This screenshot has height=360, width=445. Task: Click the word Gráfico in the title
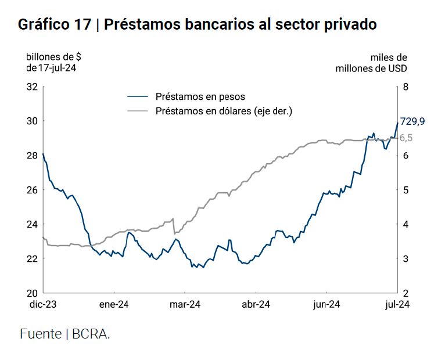(41, 25)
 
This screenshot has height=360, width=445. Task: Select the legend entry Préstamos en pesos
(200, 96)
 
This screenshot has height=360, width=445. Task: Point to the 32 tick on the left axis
(32, 87)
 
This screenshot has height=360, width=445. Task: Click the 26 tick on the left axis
(32, 190)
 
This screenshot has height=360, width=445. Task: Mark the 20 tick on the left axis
(32, 293)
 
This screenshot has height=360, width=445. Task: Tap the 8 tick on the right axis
(404, 87)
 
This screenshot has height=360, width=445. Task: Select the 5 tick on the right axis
(404, 190)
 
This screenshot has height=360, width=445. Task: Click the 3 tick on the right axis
(404, 258)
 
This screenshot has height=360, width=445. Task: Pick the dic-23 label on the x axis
(42, 305)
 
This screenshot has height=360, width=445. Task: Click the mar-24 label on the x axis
(185, 305)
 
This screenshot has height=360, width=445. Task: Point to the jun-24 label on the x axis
(326, 305)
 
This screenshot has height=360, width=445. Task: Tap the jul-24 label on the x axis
(397, 305)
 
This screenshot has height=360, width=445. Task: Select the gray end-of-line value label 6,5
(407, 138)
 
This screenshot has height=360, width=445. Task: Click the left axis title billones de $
(53, 57)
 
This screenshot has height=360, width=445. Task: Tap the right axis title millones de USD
(371, 68)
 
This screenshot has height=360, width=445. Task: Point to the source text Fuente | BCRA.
(65, 334)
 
